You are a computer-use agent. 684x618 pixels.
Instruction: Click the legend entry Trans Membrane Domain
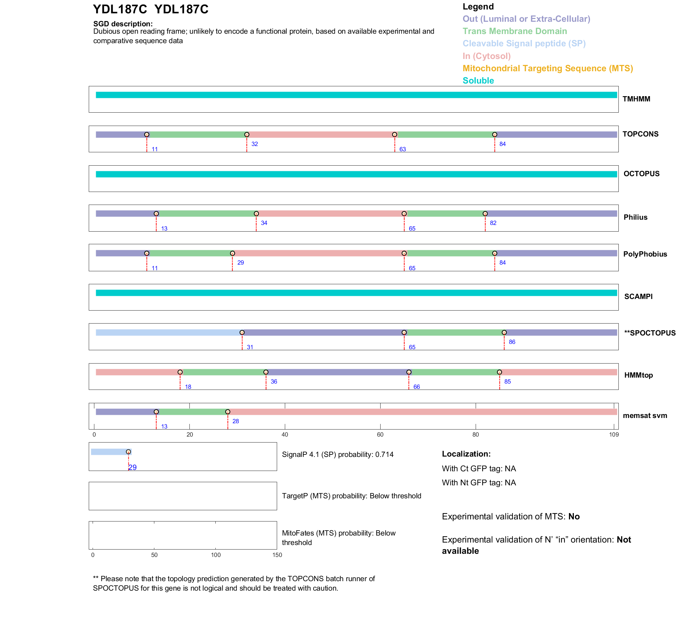[x=515, y=31]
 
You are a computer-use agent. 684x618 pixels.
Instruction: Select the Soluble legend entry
[x=478, y=81]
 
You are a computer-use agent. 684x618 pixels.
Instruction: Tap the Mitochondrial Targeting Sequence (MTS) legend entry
[x=548, y=68]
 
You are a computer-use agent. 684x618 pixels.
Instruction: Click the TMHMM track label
[x=636, y=99]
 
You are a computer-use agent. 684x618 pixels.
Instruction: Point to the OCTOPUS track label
[x=641, y=174]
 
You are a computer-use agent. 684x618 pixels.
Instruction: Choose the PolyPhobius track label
[x=645, y=254]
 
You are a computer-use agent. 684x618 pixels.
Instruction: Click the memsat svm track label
[x=645, y=416]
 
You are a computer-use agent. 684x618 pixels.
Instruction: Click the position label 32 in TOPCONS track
[x=255, y=144]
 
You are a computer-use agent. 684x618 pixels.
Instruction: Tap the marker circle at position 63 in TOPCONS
[x=395, y=135]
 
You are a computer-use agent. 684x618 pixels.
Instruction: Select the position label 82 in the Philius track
[x=493, y=223]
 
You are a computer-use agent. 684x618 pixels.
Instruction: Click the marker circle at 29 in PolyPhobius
[x=233, y=253]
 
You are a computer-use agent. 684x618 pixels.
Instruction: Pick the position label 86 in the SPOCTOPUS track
[x=512, y=342]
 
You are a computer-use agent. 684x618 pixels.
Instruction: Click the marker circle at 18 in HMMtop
[x=180, y=372]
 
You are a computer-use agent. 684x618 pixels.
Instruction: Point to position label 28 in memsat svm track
[x=236, y=421]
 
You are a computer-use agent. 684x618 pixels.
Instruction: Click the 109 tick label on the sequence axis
[x=614, y=435]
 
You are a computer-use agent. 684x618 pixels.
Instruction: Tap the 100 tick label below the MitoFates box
[x=216, y=555]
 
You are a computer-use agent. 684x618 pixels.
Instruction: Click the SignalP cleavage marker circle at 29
[x=128, y=452]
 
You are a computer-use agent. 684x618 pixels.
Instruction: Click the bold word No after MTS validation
[x=574, y=517]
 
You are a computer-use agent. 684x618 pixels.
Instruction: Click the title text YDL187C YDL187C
[x=150, y=9]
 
